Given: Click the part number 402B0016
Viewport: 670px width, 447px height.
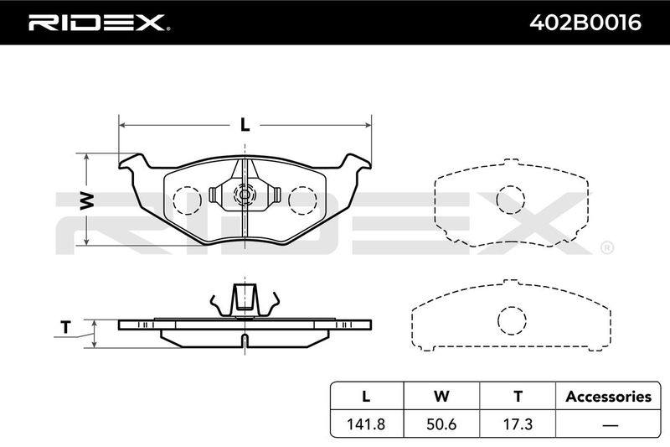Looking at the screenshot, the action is pyautogui.click(x=585, y=23).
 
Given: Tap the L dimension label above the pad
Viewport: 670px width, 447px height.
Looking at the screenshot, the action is pyautogui.click(x=245, y=124).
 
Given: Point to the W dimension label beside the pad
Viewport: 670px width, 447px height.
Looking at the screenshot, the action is pyautogui.click(x=87, y=200).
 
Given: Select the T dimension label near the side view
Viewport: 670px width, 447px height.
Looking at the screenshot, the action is pyautogui.click(x=65, y=327).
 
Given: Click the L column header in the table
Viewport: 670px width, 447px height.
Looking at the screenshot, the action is pyautogui.click(x=366, y=397).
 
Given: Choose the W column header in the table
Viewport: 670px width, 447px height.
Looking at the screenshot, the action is pyautogui.click(x=441, y=397).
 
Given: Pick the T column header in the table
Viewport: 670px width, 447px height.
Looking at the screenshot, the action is pyautogui.click(x=518, y=397).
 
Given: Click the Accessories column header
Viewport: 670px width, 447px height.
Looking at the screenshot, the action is pyautogui.click(x=609, y=397).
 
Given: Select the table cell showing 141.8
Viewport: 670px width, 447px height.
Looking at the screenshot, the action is pyautogui.click(x=366, y=424).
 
